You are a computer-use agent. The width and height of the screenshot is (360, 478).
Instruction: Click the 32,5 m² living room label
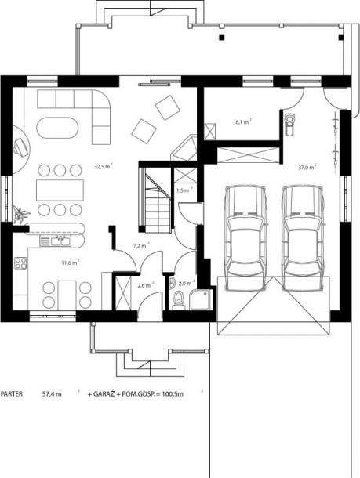coord(104,166)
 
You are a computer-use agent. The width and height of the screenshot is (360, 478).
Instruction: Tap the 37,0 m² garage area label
coord(307,167)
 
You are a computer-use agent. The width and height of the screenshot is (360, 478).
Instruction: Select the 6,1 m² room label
coord(243,122)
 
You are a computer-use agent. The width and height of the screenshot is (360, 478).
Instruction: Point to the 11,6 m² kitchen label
coord(71,263)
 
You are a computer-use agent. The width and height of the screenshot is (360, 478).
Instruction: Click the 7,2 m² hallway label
coord(141,246)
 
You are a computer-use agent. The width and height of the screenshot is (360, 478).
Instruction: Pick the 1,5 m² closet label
coord(184,190)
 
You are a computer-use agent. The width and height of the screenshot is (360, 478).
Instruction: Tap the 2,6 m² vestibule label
coord(146,285)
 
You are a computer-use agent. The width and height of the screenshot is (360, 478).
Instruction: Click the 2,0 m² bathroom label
coord(187,284)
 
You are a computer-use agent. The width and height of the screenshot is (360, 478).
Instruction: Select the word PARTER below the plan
coord(12,393)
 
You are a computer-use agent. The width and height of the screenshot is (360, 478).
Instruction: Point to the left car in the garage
coord(245,237)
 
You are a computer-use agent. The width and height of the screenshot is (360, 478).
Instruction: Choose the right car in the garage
coord(302,237)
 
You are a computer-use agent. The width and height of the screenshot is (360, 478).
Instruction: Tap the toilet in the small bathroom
coord(179,301)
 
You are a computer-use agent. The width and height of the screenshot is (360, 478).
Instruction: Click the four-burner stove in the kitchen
coord(20,263)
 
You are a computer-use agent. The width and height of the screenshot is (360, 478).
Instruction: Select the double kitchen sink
coord(60,241)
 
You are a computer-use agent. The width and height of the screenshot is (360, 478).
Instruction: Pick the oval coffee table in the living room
coord(57,128)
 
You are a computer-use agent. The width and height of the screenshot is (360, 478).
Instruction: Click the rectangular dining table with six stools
coord(60,190)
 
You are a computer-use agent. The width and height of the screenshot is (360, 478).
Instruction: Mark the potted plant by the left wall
coord(20,214)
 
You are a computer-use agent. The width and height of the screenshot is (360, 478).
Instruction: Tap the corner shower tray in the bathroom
coord(201,300)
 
